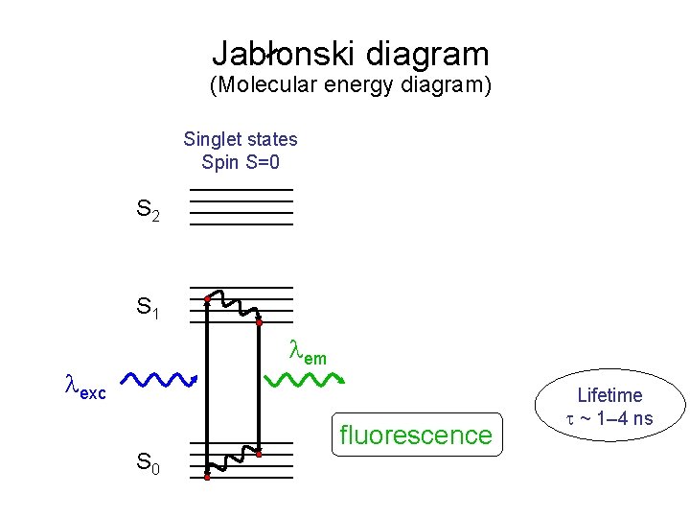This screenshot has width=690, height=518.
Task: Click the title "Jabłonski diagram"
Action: click(350, 54)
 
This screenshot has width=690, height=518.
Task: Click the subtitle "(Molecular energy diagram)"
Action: click(350, 85)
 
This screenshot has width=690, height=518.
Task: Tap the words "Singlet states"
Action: click(241, 139)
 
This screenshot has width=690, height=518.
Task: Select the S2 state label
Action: click(149, 209)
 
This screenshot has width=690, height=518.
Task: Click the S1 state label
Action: click(149, 308)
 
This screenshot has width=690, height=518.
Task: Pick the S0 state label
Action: click(149, 466)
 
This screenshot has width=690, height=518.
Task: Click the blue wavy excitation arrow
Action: click(160, 380)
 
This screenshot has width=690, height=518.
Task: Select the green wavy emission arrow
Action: click(308, 380)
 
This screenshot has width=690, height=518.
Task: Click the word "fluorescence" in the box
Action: click(416, 436)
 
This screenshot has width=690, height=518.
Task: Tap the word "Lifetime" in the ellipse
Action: click(609, 395)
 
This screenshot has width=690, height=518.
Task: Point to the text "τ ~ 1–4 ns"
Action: click(609, 417)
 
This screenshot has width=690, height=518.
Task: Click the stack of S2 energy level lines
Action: click(241, 207)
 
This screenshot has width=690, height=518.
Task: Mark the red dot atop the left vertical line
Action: click(207, 299)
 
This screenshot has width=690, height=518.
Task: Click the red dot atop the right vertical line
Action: click(259, 322)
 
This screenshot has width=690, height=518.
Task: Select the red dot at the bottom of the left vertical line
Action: click(207, 475)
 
